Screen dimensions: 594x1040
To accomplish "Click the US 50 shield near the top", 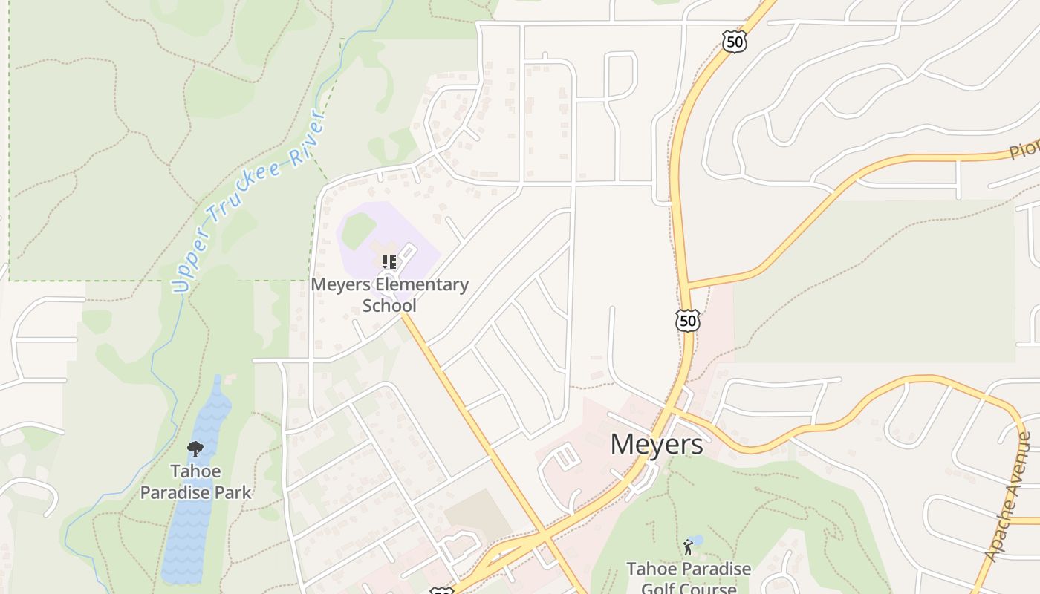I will coord(735,42).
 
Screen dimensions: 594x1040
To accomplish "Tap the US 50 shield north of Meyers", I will coord(688,321).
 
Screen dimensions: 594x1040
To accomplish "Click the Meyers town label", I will coord(656,444).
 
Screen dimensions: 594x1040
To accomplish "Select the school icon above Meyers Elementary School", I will coord(389,261).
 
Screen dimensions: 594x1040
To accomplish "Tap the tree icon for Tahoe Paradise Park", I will coord(195,449).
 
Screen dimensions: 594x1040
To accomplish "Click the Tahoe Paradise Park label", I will coord(195,482).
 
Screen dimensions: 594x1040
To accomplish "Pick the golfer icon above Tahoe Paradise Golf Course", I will coord(688,548).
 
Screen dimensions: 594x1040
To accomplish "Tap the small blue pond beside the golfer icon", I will coord(696,540).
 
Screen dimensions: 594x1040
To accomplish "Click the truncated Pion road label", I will coord(1024,148).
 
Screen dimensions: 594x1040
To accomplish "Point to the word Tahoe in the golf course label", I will coord(653,569).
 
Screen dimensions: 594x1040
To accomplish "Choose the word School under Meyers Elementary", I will coord(389,305).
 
